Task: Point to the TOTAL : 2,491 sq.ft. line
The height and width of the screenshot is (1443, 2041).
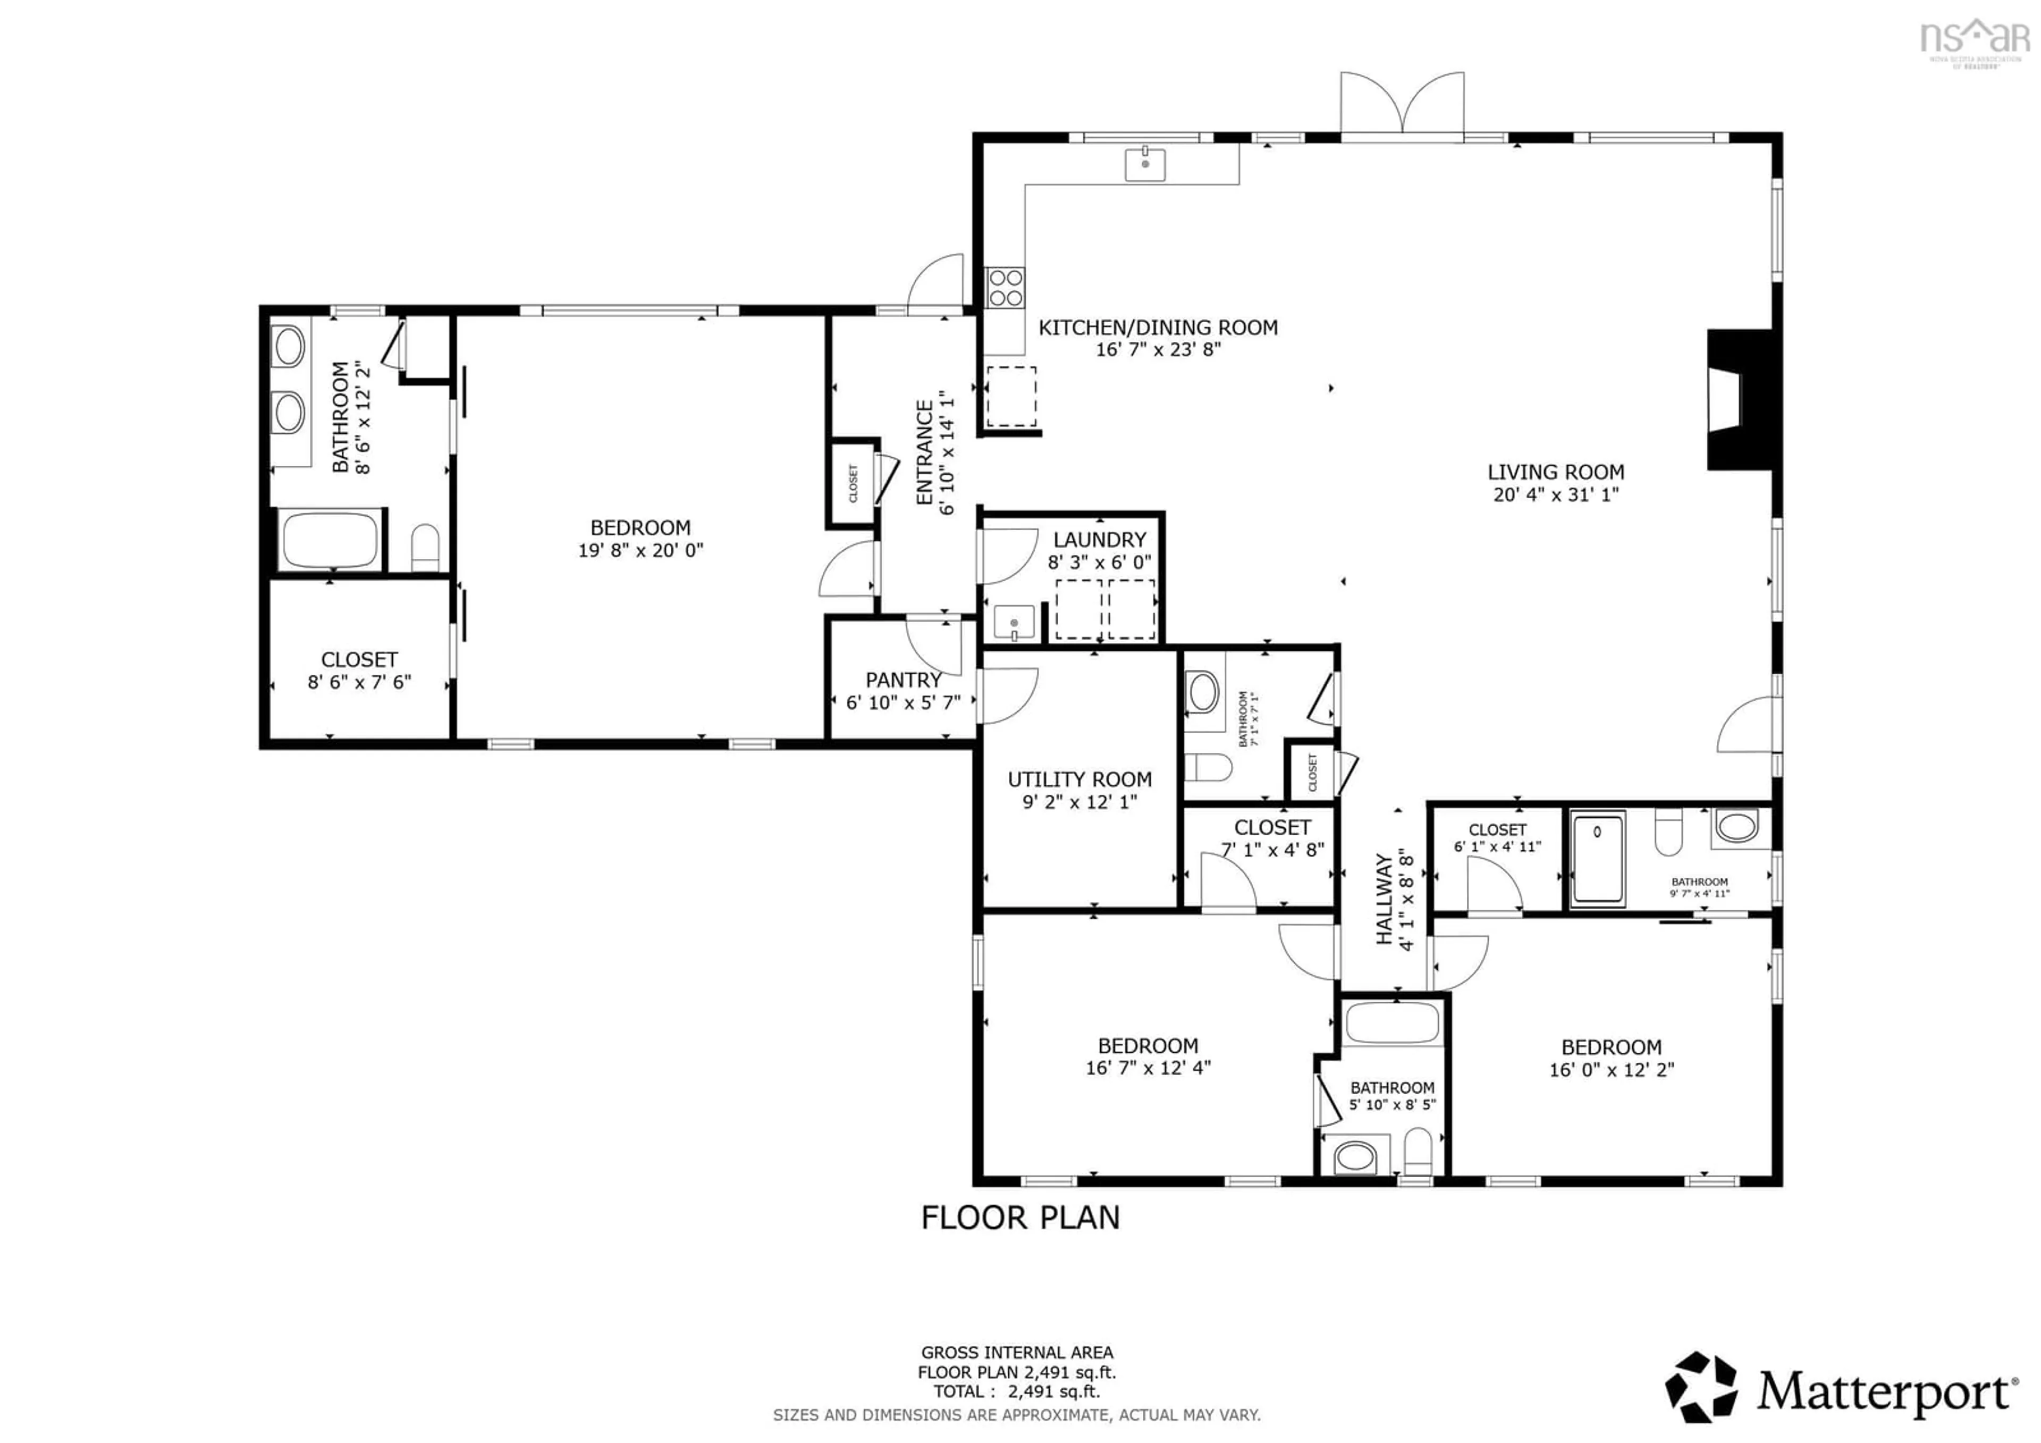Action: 1016,1391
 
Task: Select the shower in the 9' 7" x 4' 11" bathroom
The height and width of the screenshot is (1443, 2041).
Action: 1597,858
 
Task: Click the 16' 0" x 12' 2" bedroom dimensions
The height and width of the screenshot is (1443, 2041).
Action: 1611,1070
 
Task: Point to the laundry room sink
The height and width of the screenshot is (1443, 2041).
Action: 1014,623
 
